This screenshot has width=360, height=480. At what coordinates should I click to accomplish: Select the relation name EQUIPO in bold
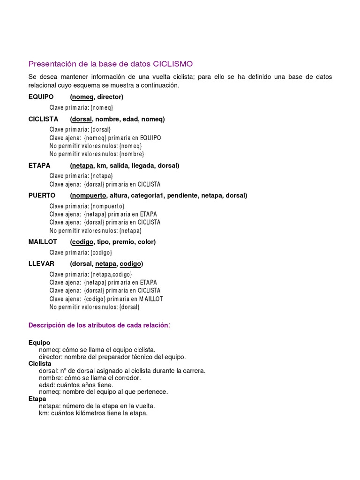(x=41, y=97)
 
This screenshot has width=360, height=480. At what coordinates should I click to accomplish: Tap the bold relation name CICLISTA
(x=44, y=119)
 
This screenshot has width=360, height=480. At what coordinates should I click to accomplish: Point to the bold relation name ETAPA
(x=39, y=165)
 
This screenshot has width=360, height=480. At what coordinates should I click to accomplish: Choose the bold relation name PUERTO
(x=42, y=195)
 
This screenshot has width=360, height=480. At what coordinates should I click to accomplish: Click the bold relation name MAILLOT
(x=43, y=242)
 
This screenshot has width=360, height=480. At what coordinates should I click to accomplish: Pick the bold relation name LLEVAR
(x=41, y=263)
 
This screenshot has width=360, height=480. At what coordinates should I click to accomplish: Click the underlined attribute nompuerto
(x=89, y=195)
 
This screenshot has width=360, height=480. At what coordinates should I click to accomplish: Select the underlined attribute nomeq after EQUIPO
(x=82, y=97)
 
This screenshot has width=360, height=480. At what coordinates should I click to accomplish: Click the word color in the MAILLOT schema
(x=145, y=242)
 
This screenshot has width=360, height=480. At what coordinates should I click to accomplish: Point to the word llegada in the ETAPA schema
(x=143, y=165)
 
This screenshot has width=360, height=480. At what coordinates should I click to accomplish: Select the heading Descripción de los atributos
(x=98, y=325)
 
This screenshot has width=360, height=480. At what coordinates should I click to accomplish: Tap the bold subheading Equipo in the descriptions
(x=39, y=343)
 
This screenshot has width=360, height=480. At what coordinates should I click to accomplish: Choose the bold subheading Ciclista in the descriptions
(x=40, y=364)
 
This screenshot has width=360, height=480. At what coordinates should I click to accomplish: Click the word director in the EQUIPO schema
(x=109, y=97)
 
